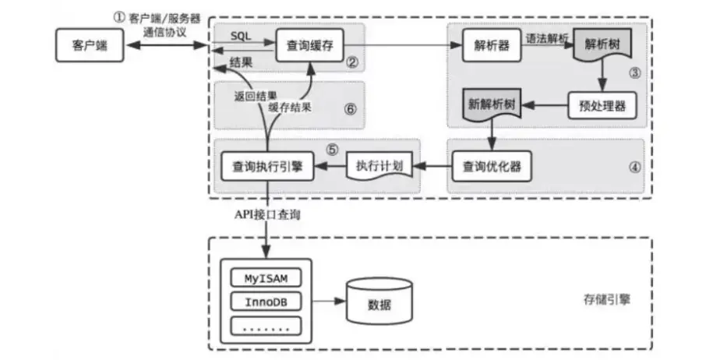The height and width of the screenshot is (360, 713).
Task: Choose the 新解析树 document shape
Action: pyautogui.click(x=492, y=104)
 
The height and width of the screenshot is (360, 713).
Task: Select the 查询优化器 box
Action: pyautogui.click(x=492, y=166)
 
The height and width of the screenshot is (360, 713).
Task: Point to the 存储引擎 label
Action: pyautogui.click(x=605, y=299)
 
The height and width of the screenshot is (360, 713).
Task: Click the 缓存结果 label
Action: pyautogui.click(x=290, y=110)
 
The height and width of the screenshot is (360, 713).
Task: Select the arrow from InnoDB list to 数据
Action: pyautogui.click(x=327, y=301)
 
